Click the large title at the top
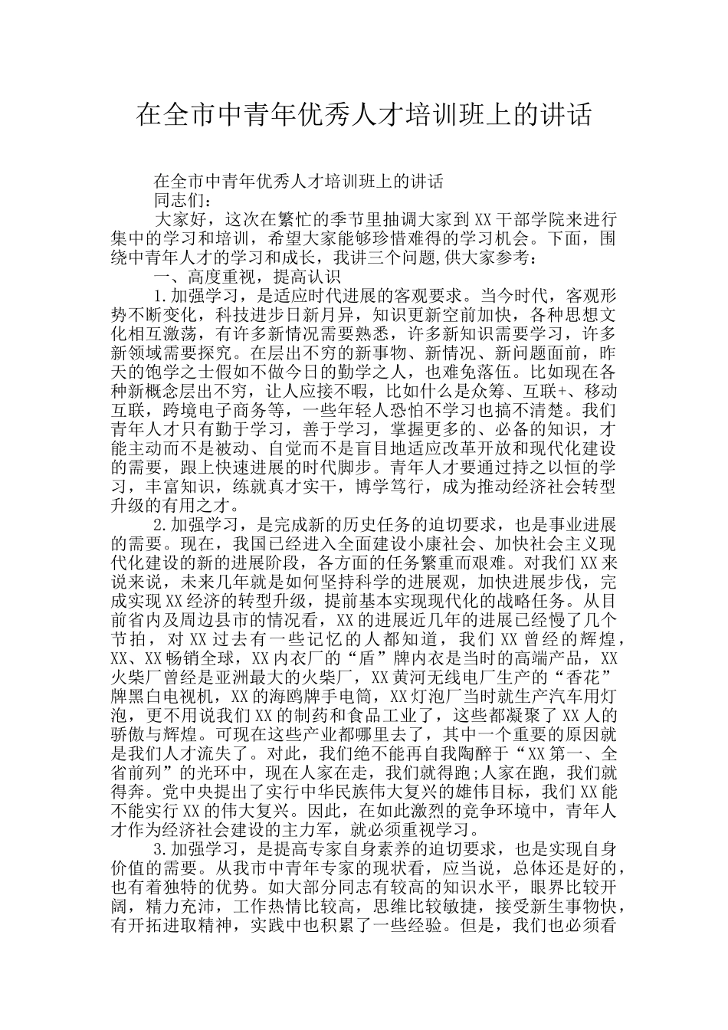pos(364,116)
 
